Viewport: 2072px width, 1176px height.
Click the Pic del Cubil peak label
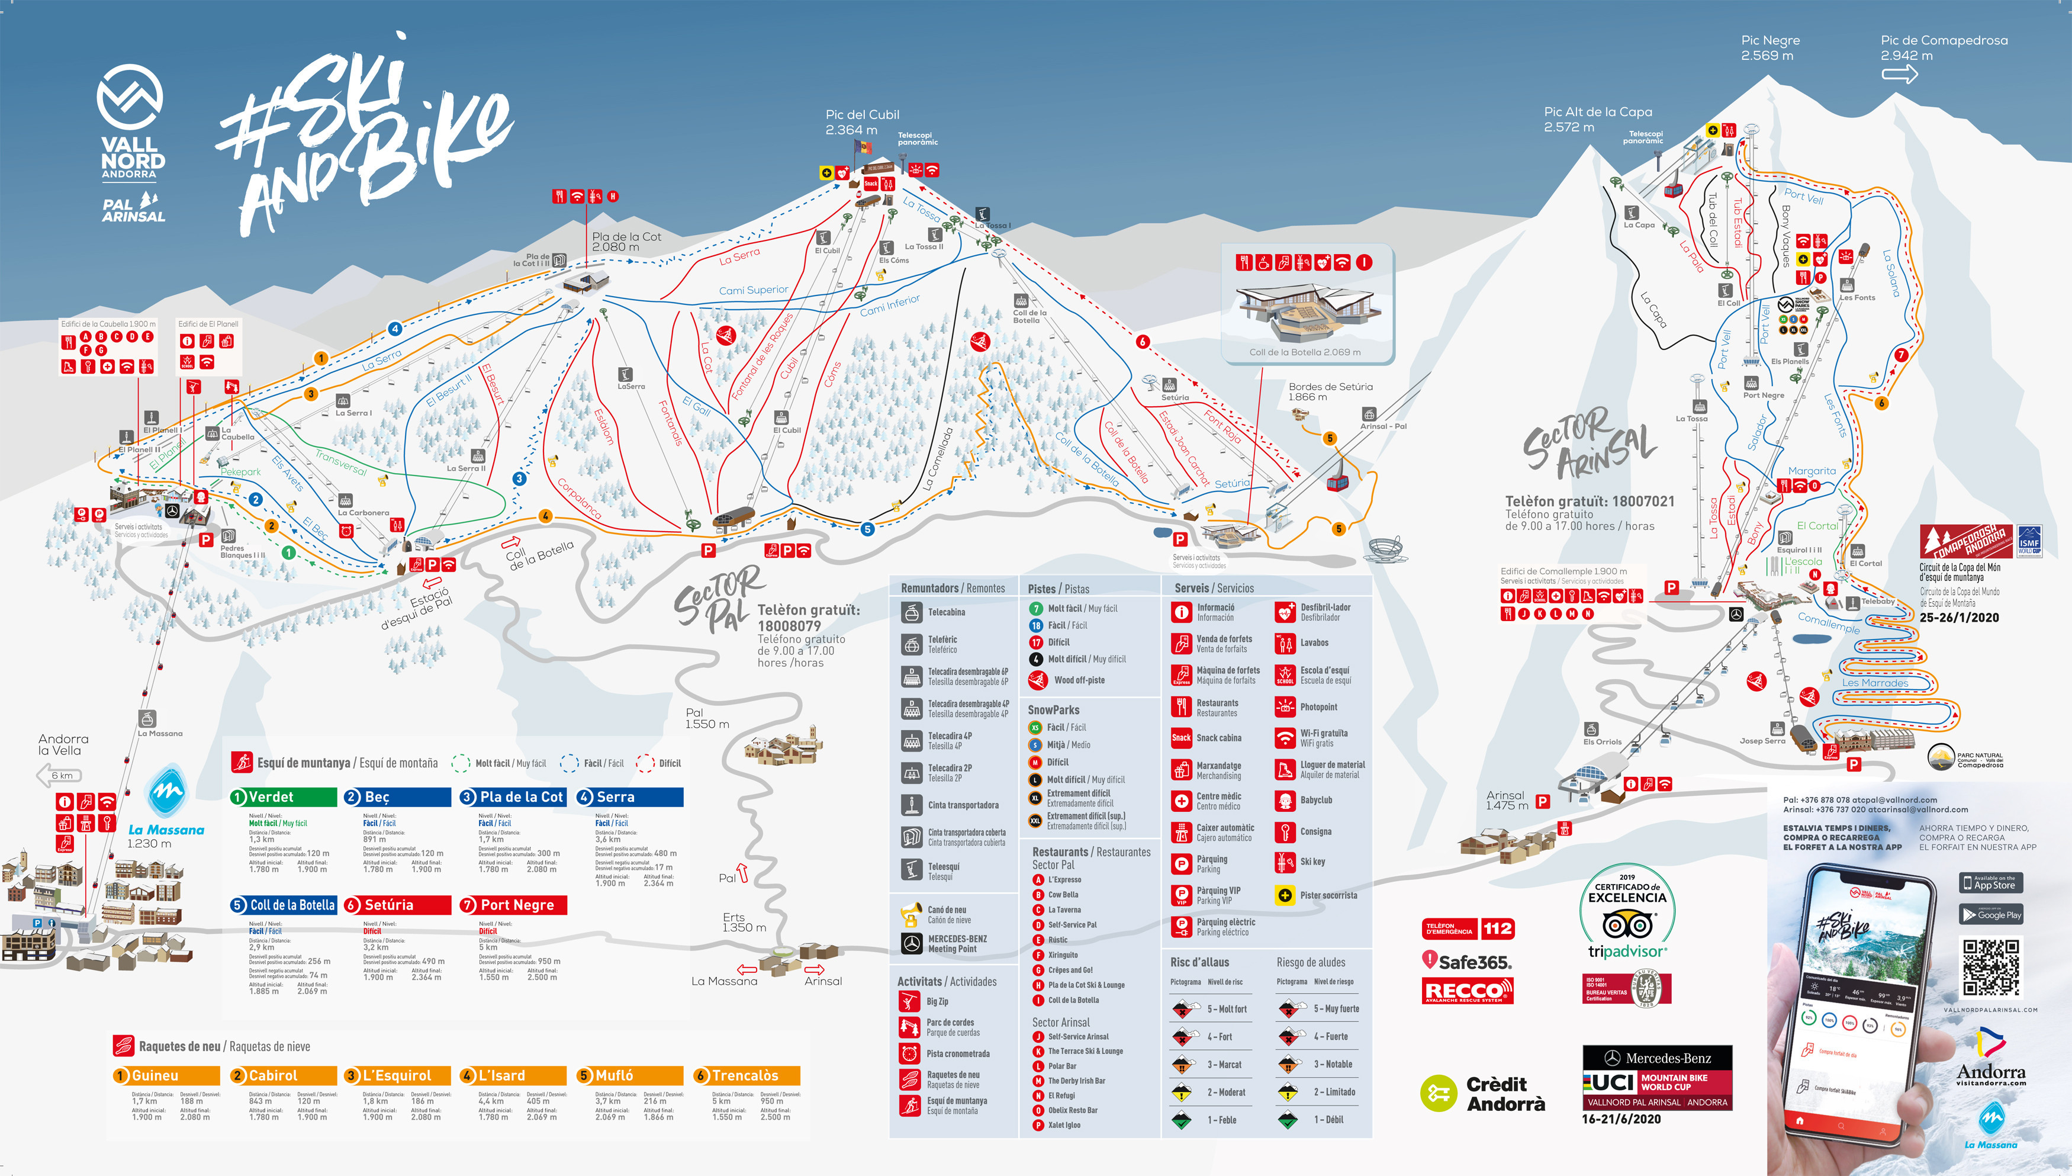(861, 122)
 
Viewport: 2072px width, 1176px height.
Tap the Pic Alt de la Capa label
(1597, 119)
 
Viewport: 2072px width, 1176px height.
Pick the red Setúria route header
(397, 905)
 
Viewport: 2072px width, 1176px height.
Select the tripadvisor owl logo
(1627, 924)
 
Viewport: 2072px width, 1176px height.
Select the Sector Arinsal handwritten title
(1587, 442)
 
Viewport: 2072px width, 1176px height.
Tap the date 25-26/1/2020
(1959, 618)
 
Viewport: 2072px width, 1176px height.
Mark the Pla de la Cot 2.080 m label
(626, 242)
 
